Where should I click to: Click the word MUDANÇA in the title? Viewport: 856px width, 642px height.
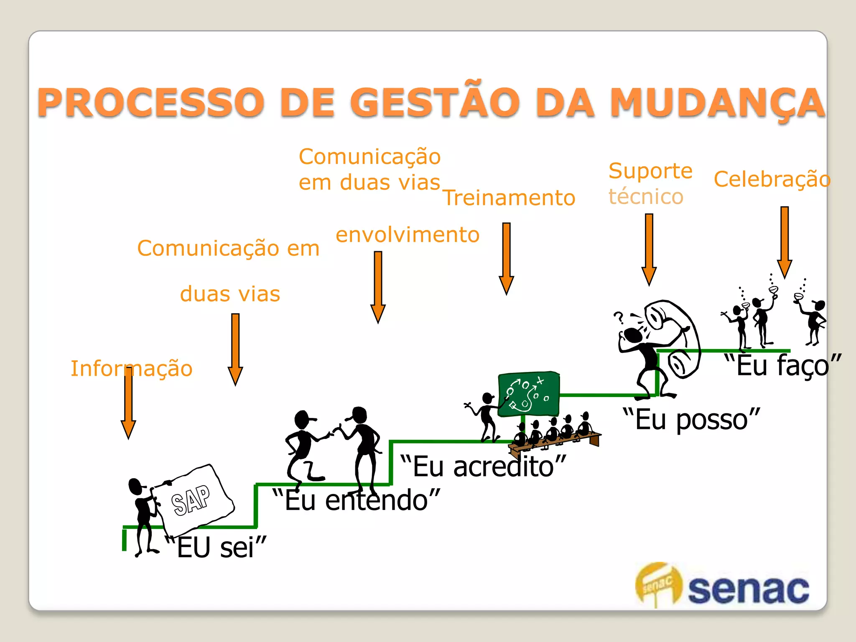[717, 102]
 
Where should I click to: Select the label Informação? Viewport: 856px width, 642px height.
[131, 368]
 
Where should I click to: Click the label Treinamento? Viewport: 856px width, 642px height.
[509, 198]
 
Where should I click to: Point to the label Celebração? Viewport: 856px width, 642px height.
[772, 179]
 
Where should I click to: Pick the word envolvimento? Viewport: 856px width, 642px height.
[408, 234]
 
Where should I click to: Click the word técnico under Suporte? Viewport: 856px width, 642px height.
[646, 196]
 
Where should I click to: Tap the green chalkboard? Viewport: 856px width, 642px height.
[529, 394]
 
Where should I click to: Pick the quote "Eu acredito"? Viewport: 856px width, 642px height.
[483, 466]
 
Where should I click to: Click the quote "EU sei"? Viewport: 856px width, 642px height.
[216, 547]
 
